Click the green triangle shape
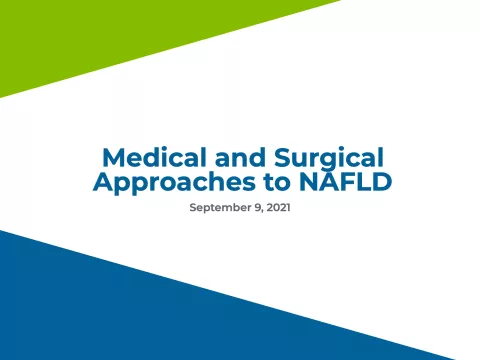[90, 40]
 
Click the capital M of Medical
[113, 157]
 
